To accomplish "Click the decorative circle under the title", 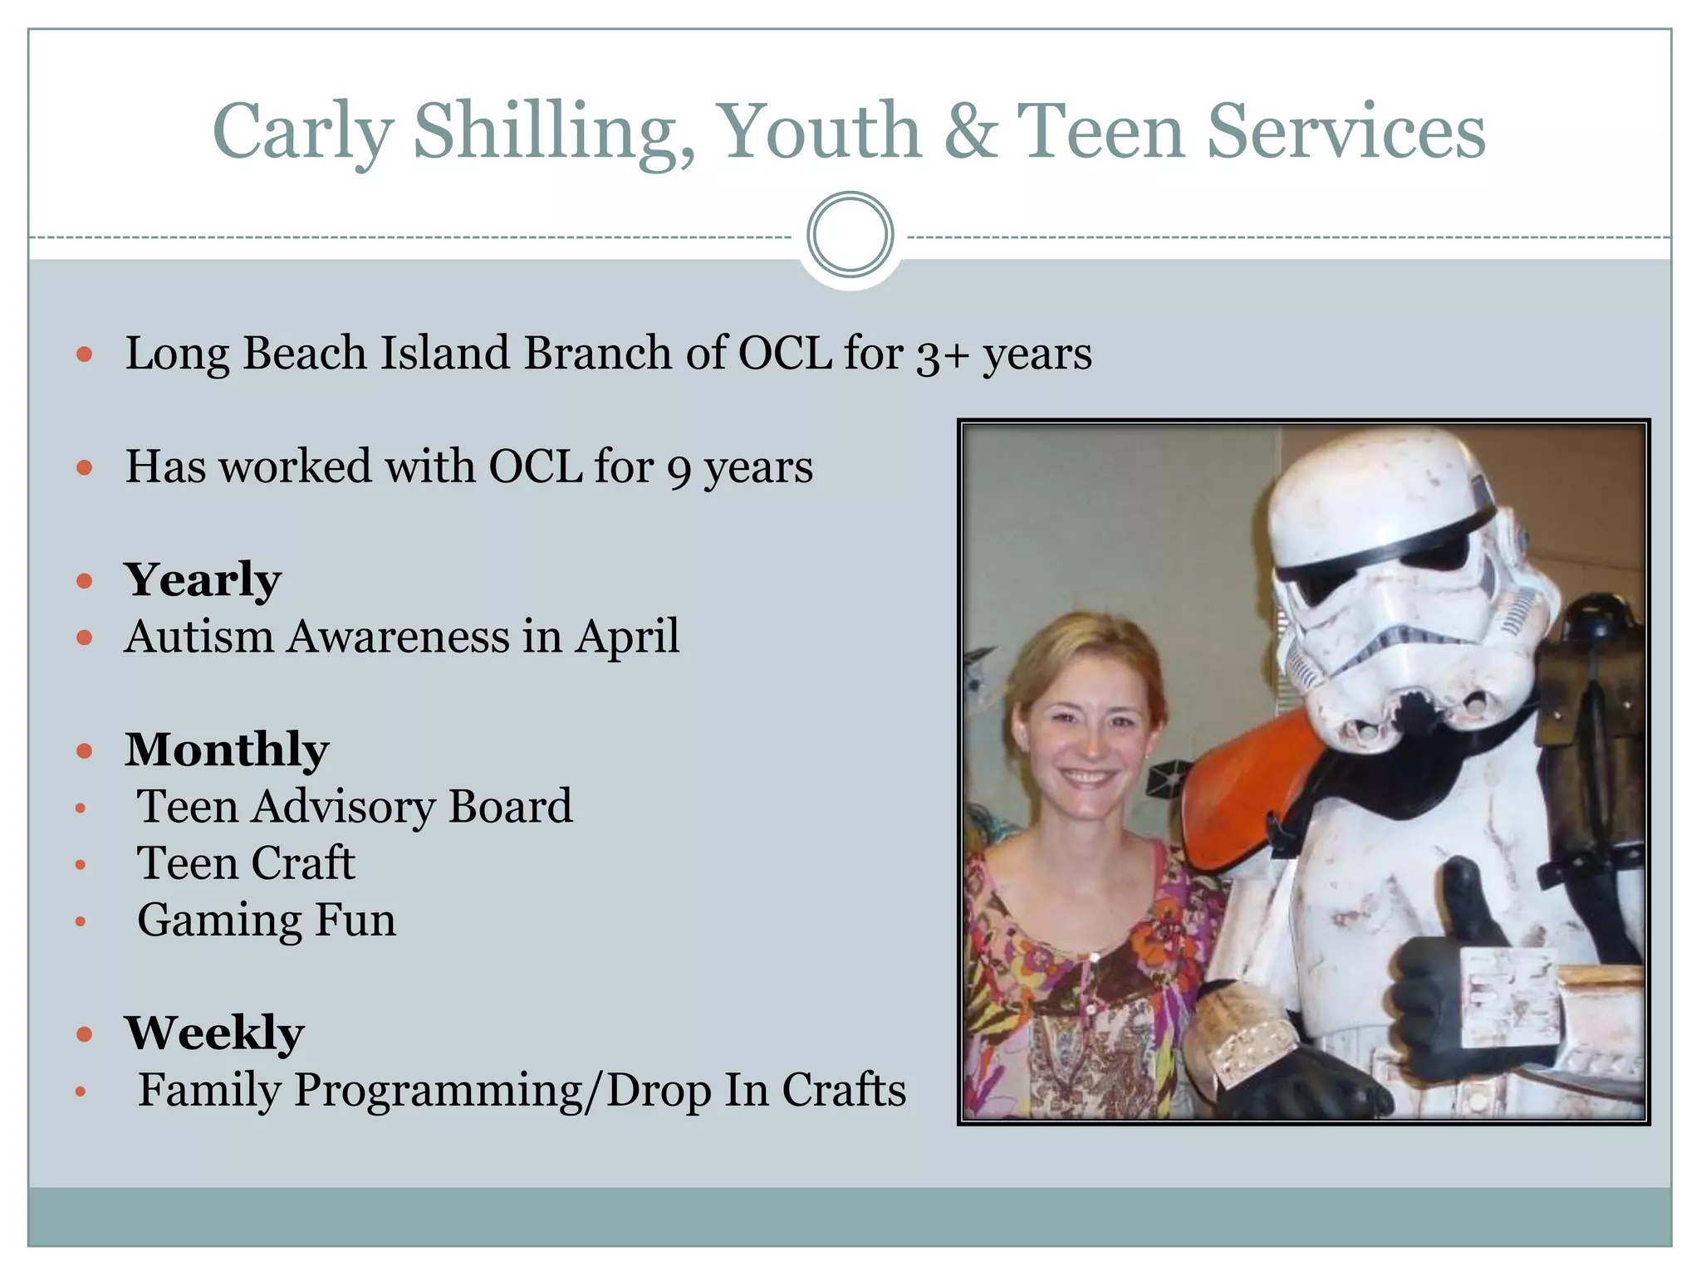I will tap(850, 235).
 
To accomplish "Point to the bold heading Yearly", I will tap(203, 579).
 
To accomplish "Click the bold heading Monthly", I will tap(227, 750).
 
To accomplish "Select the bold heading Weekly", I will tap(214, 1033).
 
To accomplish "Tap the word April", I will tap(627, 637).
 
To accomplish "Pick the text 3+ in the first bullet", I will tap(943, 355).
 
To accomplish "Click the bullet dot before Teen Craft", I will tap(81, 865).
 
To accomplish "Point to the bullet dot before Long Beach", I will tap(84, 354).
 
